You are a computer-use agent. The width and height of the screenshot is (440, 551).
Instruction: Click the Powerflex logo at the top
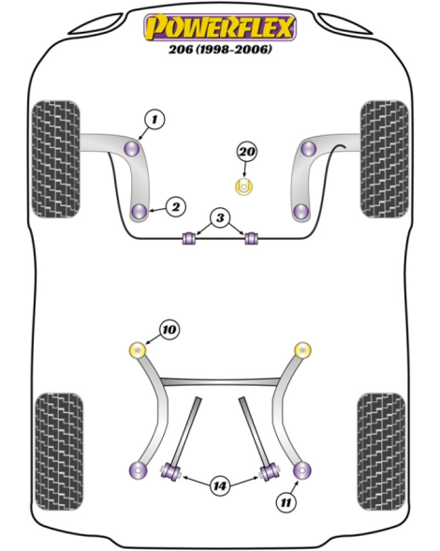[220, 27]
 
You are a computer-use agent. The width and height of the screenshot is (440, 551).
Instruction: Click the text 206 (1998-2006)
[220, 49]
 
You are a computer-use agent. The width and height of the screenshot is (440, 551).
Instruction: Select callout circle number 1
[154, 120]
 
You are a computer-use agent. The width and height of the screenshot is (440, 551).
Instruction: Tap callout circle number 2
[176, 206]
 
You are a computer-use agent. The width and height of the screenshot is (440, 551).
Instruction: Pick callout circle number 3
[220, 217]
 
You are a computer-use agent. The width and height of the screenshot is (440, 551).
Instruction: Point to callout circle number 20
[247, 152]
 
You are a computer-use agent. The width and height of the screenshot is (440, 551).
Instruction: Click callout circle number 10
[169, 330]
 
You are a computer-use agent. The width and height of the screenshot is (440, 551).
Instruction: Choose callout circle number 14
[220, 486]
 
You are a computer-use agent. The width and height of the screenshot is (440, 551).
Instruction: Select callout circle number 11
[286, 502]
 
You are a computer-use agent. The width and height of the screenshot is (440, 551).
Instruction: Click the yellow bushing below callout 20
[243, 186]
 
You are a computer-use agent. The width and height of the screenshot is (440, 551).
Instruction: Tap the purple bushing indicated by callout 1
[132, 149]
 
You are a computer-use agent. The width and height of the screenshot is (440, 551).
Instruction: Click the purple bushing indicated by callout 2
[140, 211]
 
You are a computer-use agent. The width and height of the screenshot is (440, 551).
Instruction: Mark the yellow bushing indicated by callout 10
[138, 350]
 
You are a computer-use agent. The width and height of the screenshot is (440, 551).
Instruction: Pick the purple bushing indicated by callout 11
[302, 470]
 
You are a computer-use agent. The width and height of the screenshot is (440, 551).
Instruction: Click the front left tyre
[56, 159]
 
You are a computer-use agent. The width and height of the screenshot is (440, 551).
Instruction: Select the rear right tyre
[381, 452]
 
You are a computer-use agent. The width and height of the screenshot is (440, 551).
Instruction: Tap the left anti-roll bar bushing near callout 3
[189, 238]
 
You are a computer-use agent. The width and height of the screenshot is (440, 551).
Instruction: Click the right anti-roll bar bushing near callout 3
[251, 238]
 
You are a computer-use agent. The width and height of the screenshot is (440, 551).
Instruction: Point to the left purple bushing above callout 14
[170, 470]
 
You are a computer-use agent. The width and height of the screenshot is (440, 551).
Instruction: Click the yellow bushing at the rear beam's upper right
[302, 350]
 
